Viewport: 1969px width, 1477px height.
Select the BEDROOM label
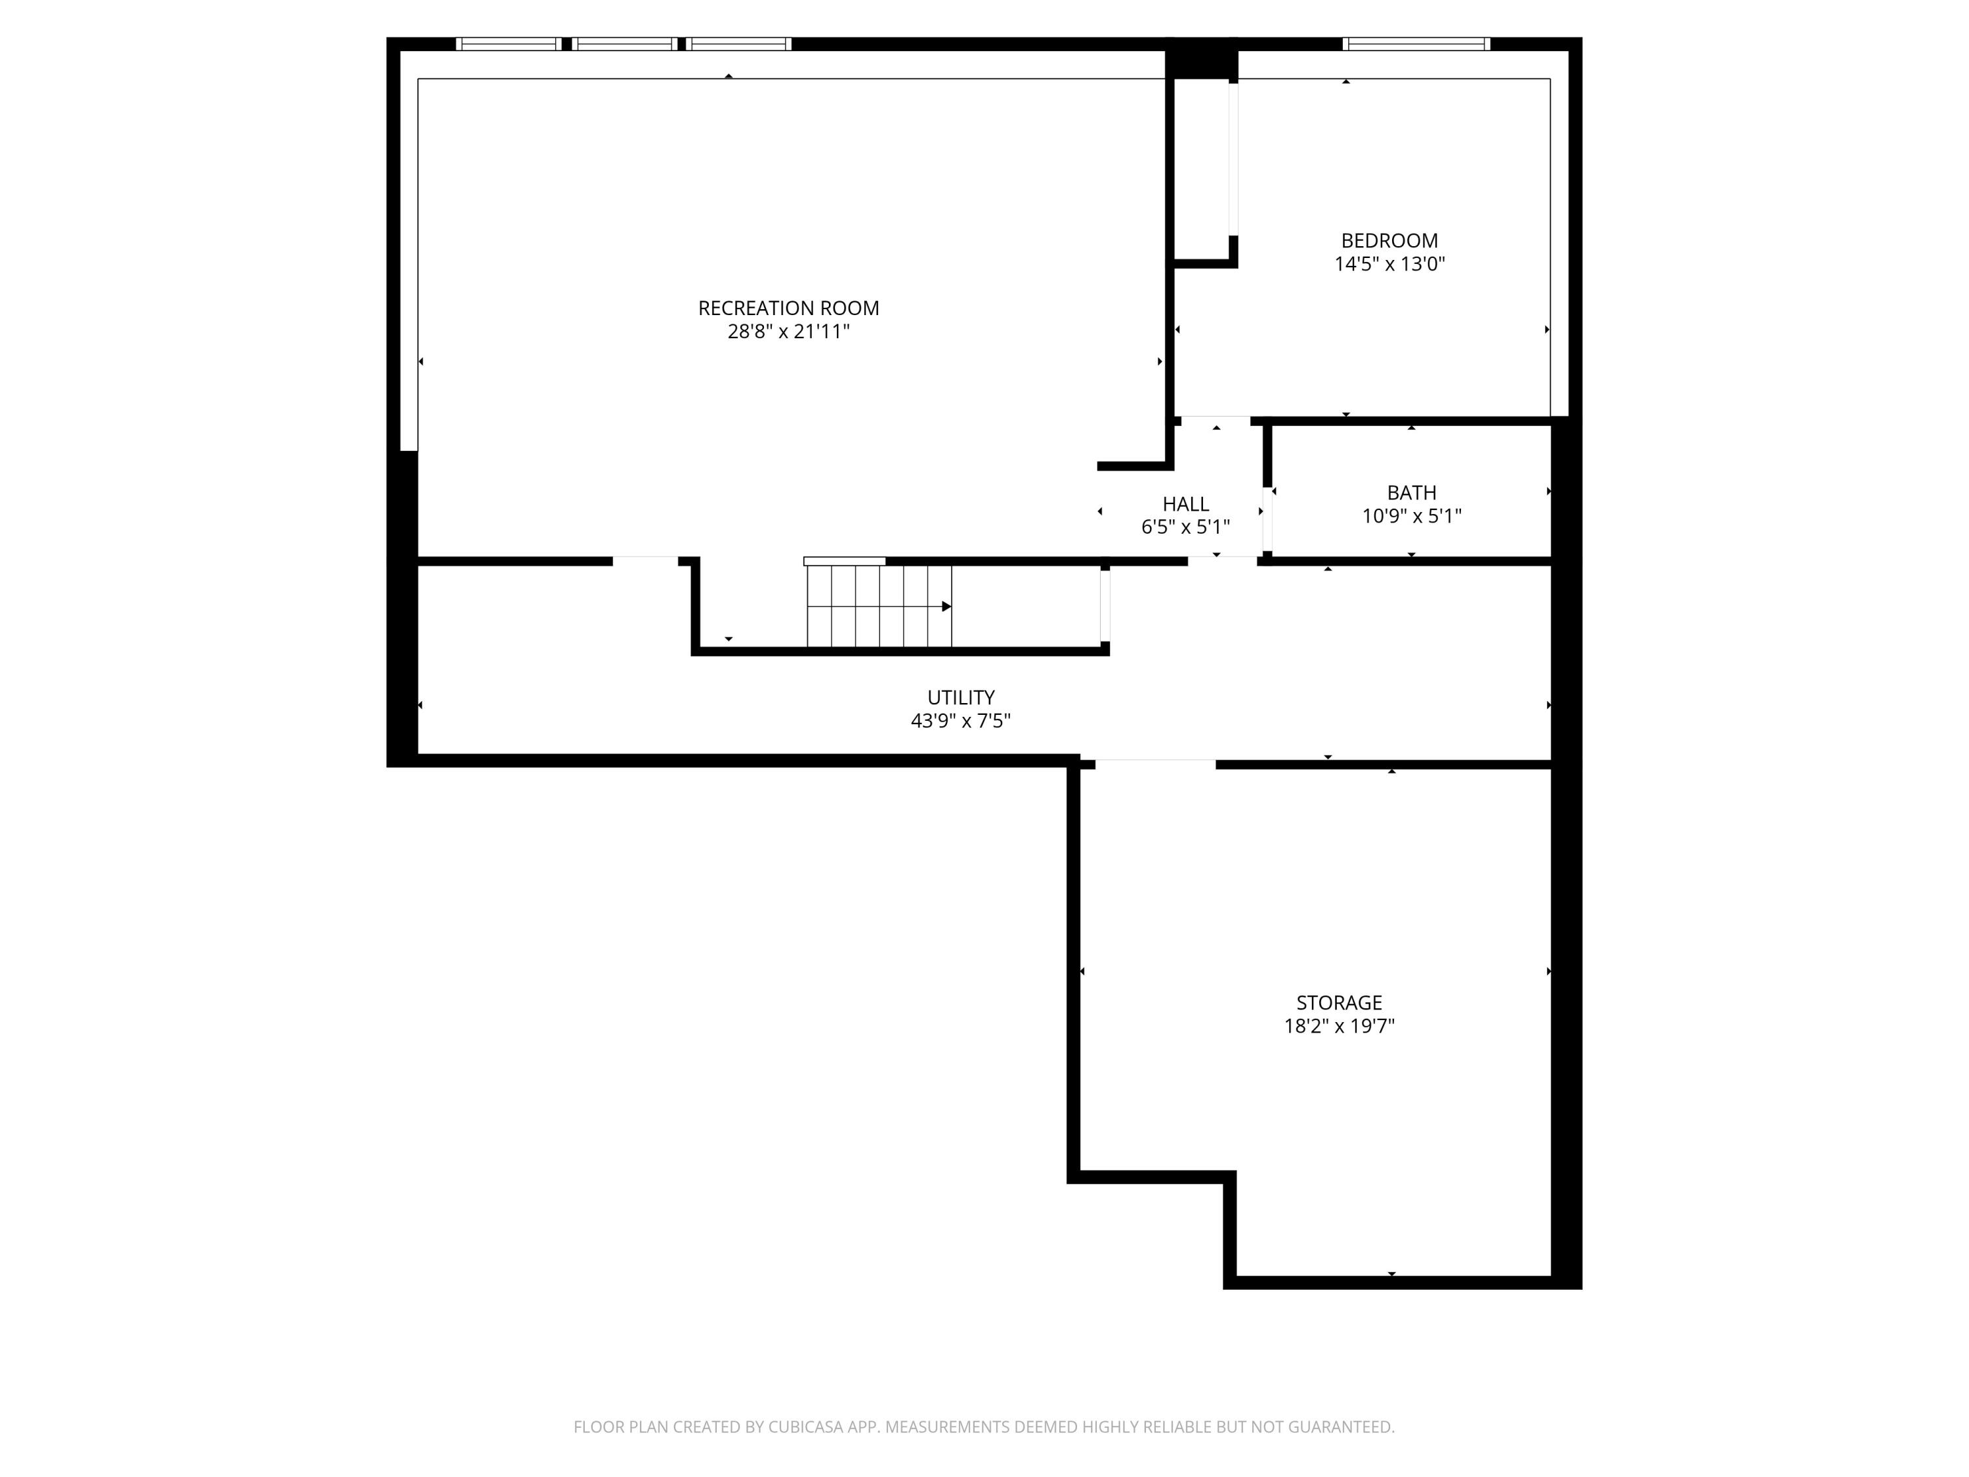coord(1389,240)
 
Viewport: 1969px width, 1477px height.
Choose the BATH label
coord(1411,492)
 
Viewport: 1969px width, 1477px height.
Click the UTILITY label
coord(960,697)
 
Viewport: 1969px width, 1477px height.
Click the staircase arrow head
coord(947,607)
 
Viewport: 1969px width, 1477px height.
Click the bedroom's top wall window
coord(1415,43)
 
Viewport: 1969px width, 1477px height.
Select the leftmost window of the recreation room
coord(508,43)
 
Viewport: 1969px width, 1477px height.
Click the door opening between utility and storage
coord(1154,763)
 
